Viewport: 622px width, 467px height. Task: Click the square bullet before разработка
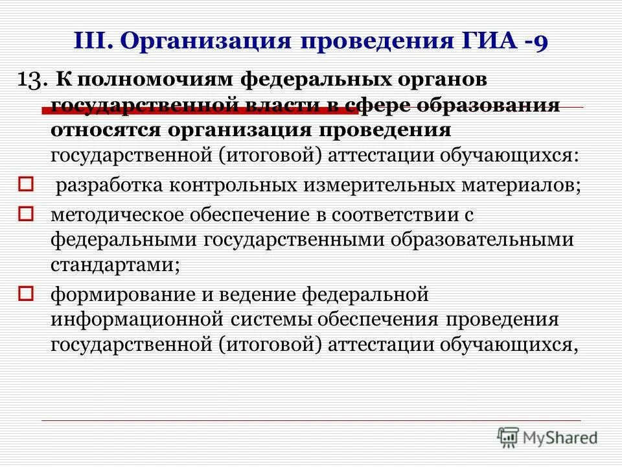click(x=25, y=186)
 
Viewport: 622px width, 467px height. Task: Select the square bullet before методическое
click(x=25, y=213)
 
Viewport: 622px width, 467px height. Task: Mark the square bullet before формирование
click(x=25, y=293)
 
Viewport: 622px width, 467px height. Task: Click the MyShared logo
click(x=547, y=438)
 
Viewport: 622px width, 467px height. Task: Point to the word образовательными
click(x=483, y=240)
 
